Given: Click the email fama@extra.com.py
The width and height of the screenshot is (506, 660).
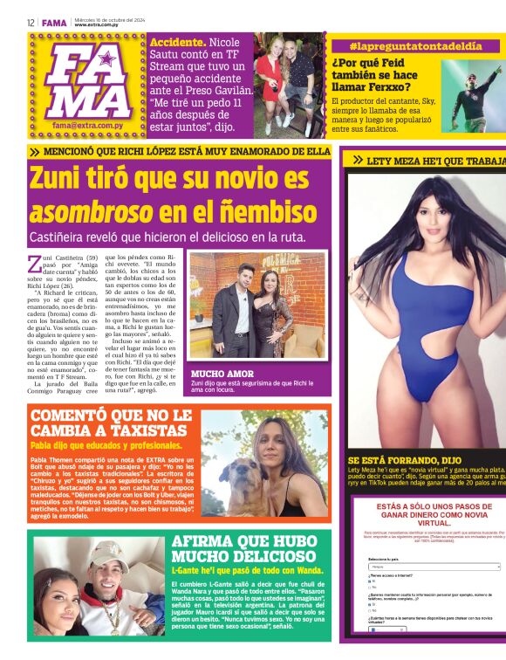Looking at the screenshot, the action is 91,126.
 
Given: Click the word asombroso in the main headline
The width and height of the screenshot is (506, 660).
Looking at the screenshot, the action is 80,213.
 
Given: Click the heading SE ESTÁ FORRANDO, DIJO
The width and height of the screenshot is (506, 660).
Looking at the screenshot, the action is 405,459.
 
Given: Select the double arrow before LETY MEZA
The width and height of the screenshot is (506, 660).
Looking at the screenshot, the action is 358,161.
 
